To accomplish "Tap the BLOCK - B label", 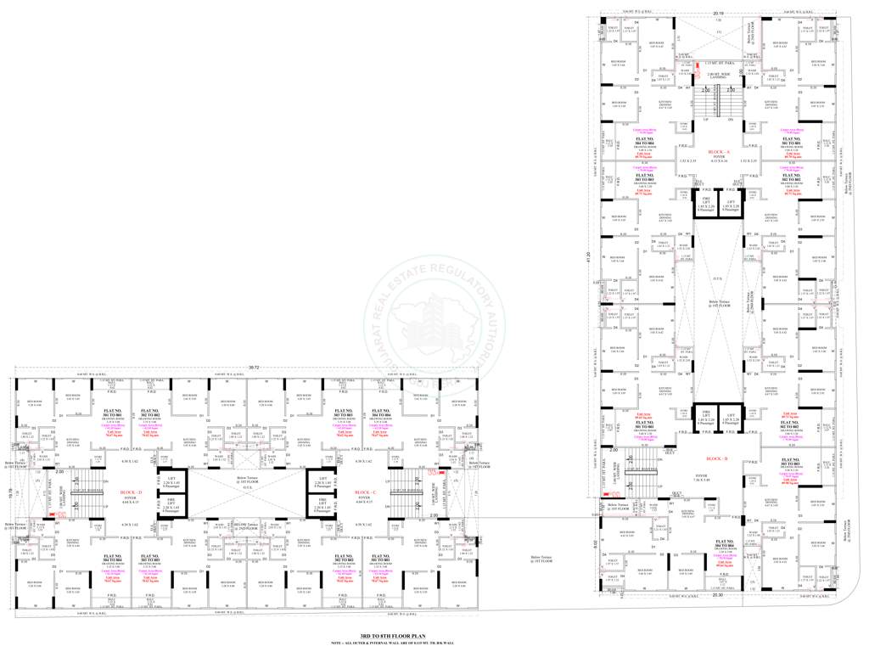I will point(718,458).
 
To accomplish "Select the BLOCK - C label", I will point(366,492).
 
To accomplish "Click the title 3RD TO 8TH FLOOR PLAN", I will point(392,636).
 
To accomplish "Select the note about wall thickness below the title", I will point(392,644).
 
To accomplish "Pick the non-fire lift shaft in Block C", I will point(323,481).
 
